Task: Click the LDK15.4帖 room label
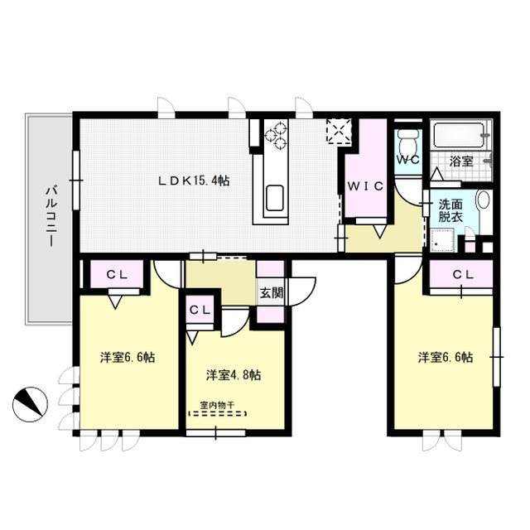point(195,181)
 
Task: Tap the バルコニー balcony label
point(50,218)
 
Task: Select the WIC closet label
point(365,186)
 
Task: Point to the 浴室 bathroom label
point(461,161)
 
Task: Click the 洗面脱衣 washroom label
point(451,210)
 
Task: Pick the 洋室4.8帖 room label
point(234,374)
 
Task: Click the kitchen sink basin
point(275,200)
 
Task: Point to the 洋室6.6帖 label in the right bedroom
point(446,358)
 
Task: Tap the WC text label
point(407,160)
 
